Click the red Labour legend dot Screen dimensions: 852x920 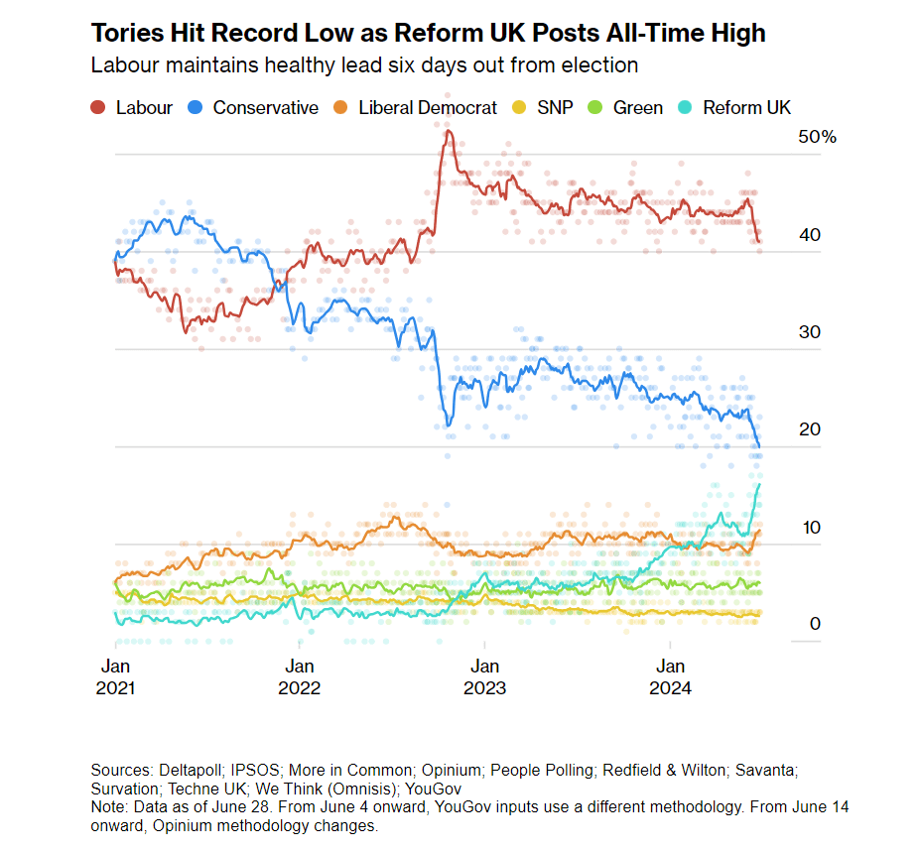pos(97,108)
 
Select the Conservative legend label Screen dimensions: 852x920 pos(265,108)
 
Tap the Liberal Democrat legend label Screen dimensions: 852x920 pos(428,108)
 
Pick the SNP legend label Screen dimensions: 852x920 pos(554,108)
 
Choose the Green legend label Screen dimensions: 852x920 pos(638,108)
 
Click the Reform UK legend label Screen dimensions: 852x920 pos(746,108)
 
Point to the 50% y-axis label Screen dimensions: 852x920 pos(817,138)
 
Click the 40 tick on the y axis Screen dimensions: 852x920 pos(811,235)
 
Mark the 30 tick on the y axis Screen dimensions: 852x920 pos(811,332)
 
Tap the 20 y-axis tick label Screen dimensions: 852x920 pos(811,429)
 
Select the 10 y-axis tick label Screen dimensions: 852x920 pos(811,527)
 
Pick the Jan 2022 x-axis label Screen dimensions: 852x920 pos(300,676)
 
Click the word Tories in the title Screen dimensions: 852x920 pos(123,34)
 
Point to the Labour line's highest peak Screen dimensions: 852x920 pos(449,131)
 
